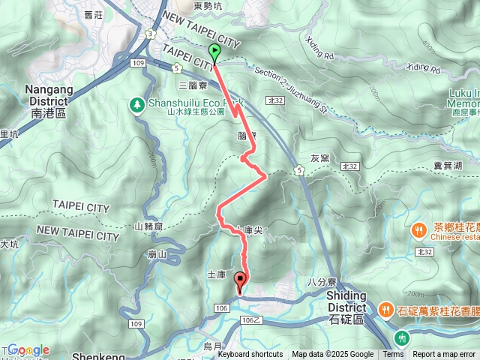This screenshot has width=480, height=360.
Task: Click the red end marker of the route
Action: [x=240, y=281]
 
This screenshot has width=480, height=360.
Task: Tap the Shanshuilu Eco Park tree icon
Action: [x=136, y=104]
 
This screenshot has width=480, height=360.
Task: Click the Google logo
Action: [x=28, y=349]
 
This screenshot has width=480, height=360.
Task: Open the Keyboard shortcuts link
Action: [x=250, y=355]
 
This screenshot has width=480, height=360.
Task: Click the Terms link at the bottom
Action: [x=393, y=355]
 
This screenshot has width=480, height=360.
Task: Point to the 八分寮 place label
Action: [x=320, y=281]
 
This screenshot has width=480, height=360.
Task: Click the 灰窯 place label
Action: [x=319, y=158]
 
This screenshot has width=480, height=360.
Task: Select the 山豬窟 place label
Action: [x=148, y=226]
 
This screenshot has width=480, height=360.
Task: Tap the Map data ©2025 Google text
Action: [x=333, y=355]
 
